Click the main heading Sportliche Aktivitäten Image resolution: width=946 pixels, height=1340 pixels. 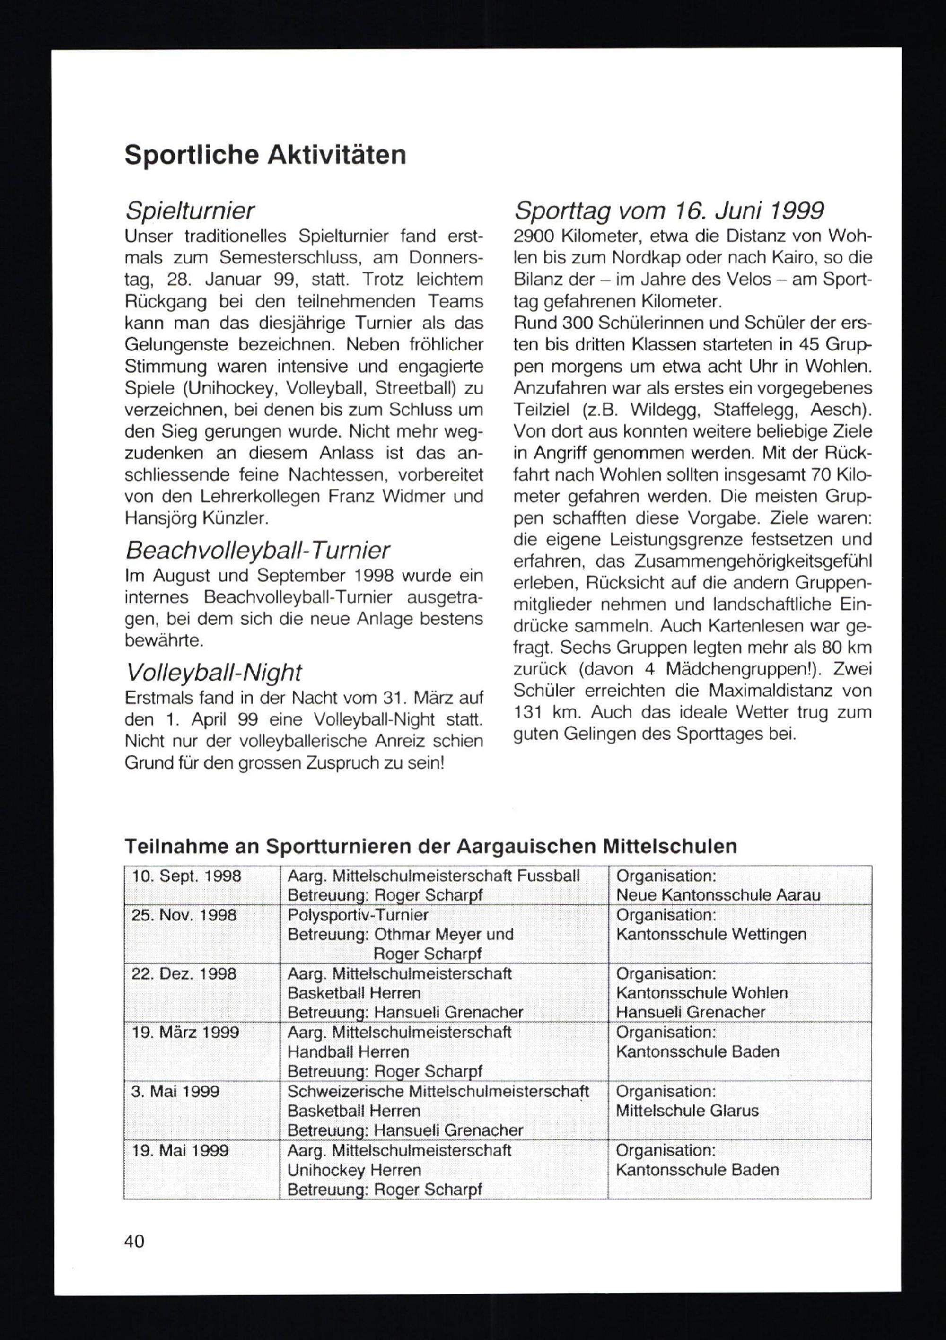pyautogui.click(x=265, y=155)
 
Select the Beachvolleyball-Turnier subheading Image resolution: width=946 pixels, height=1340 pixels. pyautogui.click(x=257, y=550)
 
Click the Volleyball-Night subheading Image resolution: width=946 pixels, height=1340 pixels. pyautogui.click(x=214, y=672)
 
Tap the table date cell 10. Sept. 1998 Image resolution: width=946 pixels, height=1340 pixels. pyautogui.click(x=186, y=876)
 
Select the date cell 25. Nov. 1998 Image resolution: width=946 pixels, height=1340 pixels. pyautogui.click(x=184, y=914)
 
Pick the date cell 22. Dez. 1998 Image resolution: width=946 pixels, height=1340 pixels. pyautogui.click(x=184, y=973)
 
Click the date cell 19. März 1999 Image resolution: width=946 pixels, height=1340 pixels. pyautogui.click(x=185, y=1033)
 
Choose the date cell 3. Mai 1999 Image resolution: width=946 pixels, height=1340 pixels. pyautogui.click(x=175, y=1091)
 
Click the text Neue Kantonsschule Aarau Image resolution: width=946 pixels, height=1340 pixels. pyautogui.click(x=718, y=895)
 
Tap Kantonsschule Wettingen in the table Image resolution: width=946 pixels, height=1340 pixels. pyautogui.click(x=711, y=934)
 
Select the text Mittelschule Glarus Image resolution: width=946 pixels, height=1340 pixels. pyautogui.click(x=687, y=1111)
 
